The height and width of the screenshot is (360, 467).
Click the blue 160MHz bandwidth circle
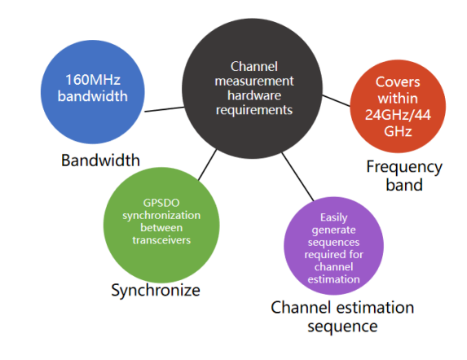[x=96, y=89]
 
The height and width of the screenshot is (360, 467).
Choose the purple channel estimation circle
[x=333, y=245]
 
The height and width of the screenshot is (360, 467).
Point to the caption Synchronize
[x=156, y=290]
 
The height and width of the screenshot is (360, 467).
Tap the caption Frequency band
[x=404, y=175]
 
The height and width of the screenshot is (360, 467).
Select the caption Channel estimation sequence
[x=342, y=316]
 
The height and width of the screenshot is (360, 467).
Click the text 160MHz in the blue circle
[x=96, y=81]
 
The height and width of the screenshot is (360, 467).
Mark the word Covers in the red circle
[x=398, y=82]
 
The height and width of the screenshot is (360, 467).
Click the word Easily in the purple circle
[x=333, y=217]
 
